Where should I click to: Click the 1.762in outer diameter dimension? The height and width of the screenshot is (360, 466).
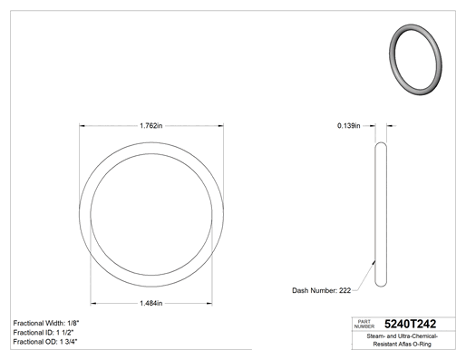pos(151,125)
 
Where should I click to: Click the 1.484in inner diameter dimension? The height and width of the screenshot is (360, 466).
pos(151,303)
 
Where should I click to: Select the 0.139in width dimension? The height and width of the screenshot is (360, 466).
pos(349,125)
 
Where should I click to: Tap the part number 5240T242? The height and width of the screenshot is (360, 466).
pos(410,324)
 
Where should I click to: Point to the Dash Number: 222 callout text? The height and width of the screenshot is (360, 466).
pos(321,290)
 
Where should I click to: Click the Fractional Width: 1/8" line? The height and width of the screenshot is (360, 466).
pos(46,323)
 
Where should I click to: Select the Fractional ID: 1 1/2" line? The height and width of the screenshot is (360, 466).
pos(44,333)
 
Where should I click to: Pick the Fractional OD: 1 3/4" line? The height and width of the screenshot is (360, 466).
pos(45,342)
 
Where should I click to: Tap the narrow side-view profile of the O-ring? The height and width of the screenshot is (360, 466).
pos(375,215)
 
